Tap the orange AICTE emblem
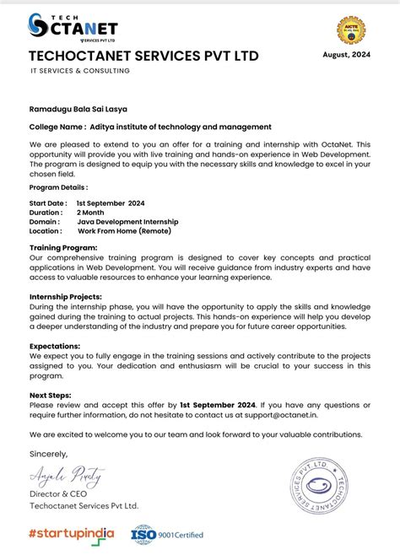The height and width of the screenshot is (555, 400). tap(351, 30)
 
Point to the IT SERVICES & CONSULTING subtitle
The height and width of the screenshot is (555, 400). tap(79, 71)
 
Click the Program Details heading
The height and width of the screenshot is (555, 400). tap(58, 187)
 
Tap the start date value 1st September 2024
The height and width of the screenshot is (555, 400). tap(111, 203)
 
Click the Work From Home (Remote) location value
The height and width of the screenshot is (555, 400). tap(124, 231)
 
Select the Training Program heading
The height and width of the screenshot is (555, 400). tap(63, 247)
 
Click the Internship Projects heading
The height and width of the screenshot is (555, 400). tap(65, 297)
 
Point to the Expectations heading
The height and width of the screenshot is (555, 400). tap(55, 346)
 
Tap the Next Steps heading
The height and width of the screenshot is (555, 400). tap(51, 395)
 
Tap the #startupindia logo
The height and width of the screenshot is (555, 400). tap(72, 534)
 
